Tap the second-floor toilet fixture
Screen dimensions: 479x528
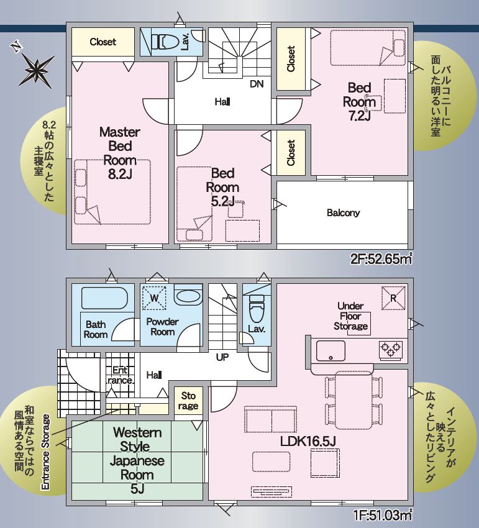(165, 42)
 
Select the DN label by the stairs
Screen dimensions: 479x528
(257, 84)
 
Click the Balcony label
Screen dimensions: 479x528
(343, 213)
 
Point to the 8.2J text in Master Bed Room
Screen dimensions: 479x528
(119, 174)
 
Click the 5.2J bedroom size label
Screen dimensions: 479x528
(222, 201)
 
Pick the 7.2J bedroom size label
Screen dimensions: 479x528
(360, 116)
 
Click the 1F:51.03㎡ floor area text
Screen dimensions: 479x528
(383, 515)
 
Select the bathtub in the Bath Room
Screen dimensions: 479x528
(104, 298)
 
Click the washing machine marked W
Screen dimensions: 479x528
(154, 298)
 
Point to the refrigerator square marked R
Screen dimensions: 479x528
(393, 298)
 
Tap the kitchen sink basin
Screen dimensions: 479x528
(331, 351)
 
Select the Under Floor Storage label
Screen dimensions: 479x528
(350, 316)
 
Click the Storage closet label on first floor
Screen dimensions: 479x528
(188, 401)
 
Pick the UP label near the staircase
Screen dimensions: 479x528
(222, 357)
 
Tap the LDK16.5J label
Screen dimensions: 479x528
(308, 441)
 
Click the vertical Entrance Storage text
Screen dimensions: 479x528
(45, 452)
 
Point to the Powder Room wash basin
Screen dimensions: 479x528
(188, 296)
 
